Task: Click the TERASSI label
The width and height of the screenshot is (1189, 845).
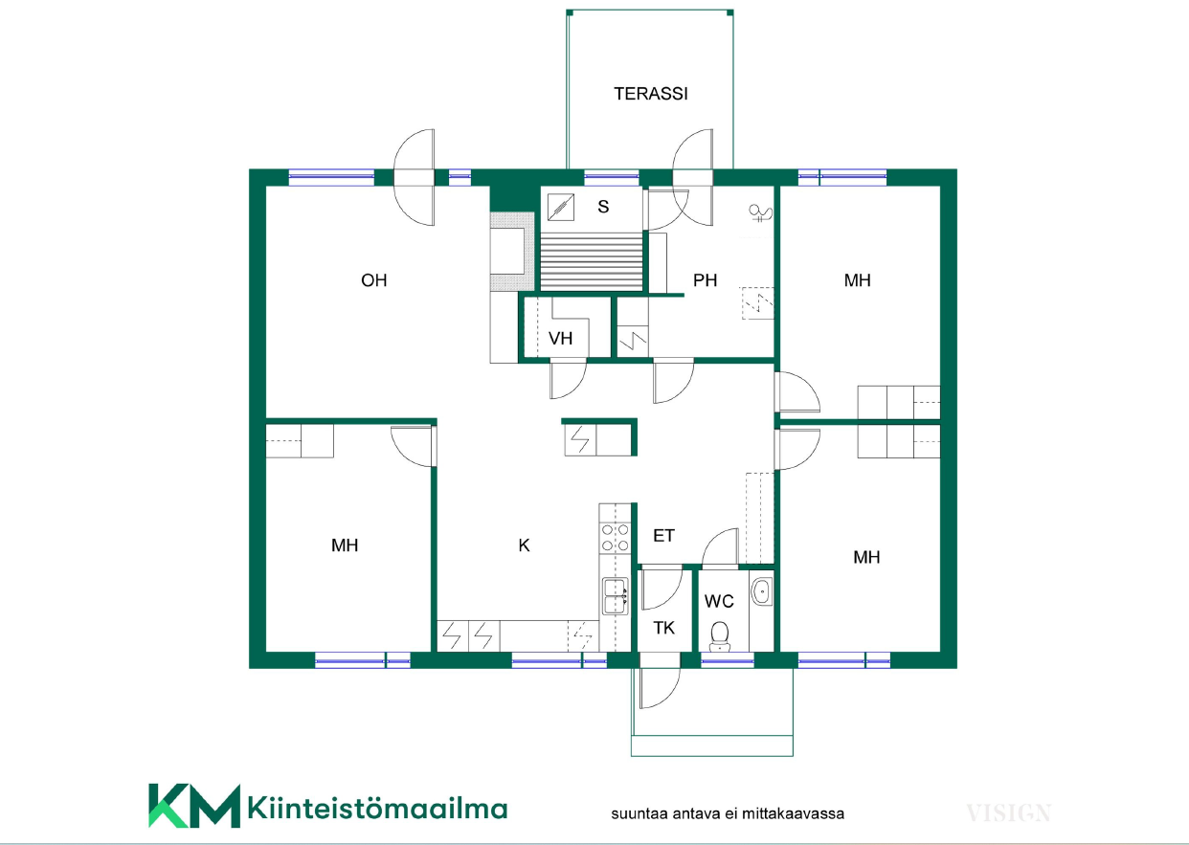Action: [651, 94]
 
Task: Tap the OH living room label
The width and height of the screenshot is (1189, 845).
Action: [373, 280]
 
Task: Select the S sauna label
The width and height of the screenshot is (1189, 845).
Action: [603, 207]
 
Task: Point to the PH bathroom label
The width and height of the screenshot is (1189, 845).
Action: [705, 280]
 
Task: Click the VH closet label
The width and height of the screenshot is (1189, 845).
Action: [561, 339]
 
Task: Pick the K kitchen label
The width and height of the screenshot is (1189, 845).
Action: [524, 545]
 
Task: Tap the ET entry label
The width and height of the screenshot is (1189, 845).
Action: [663, 536]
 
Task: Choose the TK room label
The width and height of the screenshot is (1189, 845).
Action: [663, 628]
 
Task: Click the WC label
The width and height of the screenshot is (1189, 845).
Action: [719, 602]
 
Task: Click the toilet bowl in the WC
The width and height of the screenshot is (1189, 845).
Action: [720, 636]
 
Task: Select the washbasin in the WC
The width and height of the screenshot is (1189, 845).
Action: [762, 590]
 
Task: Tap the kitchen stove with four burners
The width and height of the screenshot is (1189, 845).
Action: [616, 538]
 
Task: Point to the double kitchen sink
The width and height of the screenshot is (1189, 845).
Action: [616, 596]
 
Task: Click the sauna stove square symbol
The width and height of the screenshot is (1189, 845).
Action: [561, 207]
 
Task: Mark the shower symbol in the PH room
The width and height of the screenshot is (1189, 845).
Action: [761, 213]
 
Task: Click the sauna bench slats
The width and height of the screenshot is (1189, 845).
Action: [592, 262]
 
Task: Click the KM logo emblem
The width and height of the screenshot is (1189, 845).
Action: [193, 806]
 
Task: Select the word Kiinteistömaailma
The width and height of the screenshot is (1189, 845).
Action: [377, 809]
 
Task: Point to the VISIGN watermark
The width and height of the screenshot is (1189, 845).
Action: [1008, 813]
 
